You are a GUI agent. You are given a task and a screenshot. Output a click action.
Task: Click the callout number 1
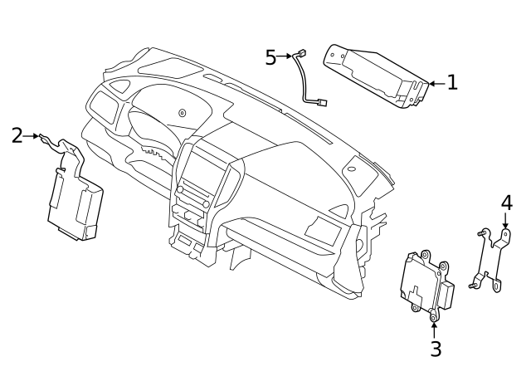[x=452, y=82]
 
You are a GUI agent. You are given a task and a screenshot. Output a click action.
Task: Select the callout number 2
[x=17, y=135]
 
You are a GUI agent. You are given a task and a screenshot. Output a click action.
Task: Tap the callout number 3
[x=436, y=349]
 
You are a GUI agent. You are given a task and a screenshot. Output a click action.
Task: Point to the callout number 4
[x=506, y=203]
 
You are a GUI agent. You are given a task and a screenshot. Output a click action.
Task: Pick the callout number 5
[x=270, y=57]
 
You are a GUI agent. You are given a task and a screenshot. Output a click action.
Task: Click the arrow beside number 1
[x=436, y=83]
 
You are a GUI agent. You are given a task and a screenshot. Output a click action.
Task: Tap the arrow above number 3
[x=435, y=325]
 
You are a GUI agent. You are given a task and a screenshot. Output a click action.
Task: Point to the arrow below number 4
[x=506, y=221]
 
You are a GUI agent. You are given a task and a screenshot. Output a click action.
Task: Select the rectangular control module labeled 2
[x=75, y=208]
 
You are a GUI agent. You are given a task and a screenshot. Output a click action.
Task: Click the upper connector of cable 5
[x=301, y=55]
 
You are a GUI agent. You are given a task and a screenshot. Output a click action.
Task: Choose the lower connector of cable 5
[x=321, y=103]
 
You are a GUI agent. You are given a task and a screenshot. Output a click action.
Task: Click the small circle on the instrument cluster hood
[x=183, y=113]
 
